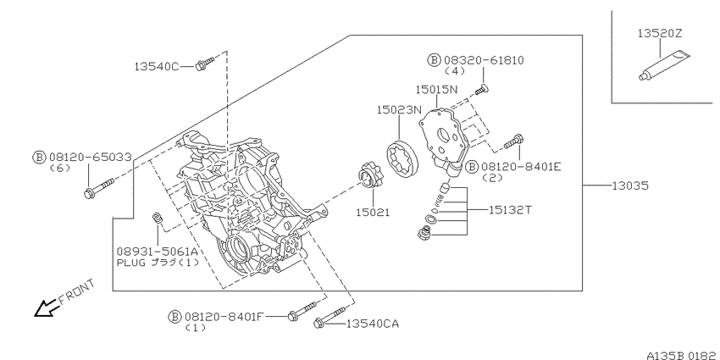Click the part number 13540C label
[156, 67]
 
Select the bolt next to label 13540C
[204, 64]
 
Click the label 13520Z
[660, 34]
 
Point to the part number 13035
[630, 186]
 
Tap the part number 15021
[373, 212]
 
